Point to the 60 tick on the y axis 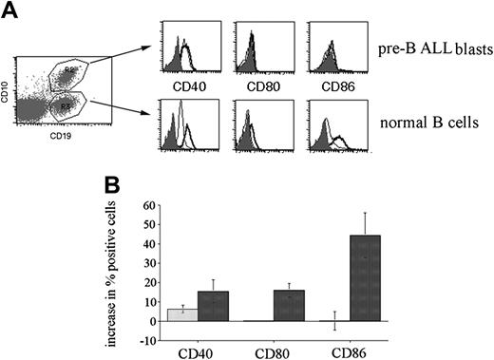pyautogui.click(x=142, y=204)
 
